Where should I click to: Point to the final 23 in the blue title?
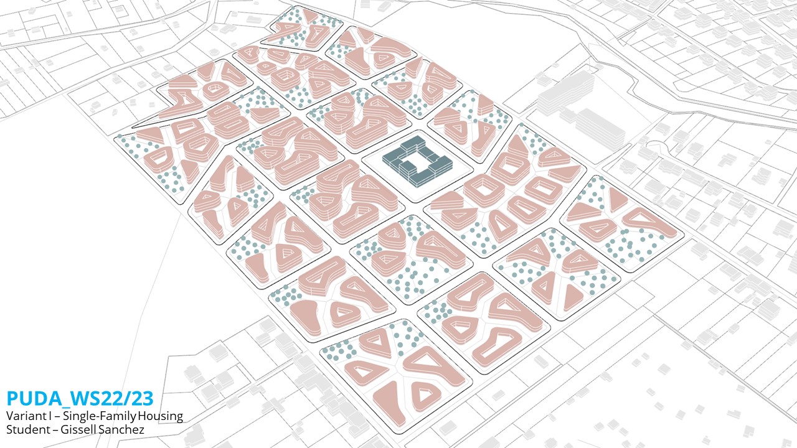point(140,398)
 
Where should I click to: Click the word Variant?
point(23,416)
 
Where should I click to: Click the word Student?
point(24,429)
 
